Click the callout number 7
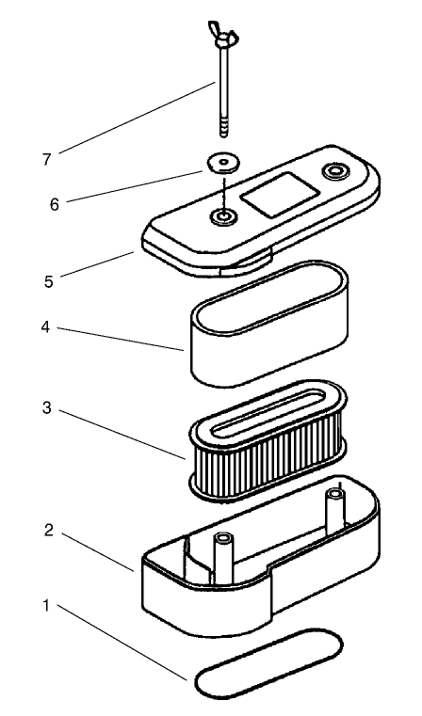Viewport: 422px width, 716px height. click(47, 159)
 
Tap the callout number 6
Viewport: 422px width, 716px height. click(55, 204)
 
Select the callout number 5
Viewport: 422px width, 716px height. click(49, 281)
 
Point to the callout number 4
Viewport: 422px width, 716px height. click(45, 327)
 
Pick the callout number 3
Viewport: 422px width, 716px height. click(47, 407)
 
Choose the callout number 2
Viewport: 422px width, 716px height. click(49, 531)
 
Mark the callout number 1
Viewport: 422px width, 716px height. click(46, 607)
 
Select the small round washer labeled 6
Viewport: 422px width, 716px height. click(223, 164)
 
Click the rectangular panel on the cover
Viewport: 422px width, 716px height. click(280, 195)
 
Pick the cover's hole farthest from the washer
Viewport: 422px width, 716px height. click(336, 171)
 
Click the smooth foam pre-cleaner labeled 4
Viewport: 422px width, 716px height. click(269, 325)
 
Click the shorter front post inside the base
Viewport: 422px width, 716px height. click(223, 558)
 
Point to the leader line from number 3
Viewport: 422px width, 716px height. click(123, 435)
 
